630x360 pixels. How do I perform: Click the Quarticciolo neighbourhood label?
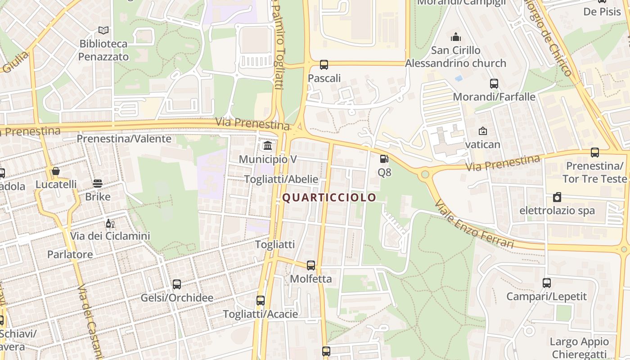[329, 198]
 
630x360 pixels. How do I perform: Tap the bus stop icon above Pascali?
[324, 65]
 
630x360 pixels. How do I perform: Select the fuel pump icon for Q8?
[384, 158]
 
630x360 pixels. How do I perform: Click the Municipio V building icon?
[268, 145]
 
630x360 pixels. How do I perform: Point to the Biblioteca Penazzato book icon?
[103, 30]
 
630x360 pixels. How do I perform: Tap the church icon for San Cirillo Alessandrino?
[456, 36]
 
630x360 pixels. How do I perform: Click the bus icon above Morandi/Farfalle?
[494, 83]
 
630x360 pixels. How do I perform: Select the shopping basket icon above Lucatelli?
[56, 171]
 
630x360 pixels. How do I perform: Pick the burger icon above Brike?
[98, 183]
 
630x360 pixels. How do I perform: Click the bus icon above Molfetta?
[311, 265]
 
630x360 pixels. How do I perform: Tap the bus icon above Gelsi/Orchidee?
[177, 284]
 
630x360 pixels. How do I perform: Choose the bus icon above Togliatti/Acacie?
[261, 301]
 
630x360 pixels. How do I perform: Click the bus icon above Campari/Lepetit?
[547, 283]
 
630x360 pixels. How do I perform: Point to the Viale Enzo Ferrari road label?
[474, 224]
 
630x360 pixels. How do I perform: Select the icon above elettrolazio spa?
[557, 197]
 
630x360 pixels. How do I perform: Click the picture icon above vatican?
[483, 131]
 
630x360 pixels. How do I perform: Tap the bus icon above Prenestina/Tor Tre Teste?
[595, 153]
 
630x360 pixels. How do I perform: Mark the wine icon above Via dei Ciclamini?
[109, 223]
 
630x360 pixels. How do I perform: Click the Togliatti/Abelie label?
[281, 179]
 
